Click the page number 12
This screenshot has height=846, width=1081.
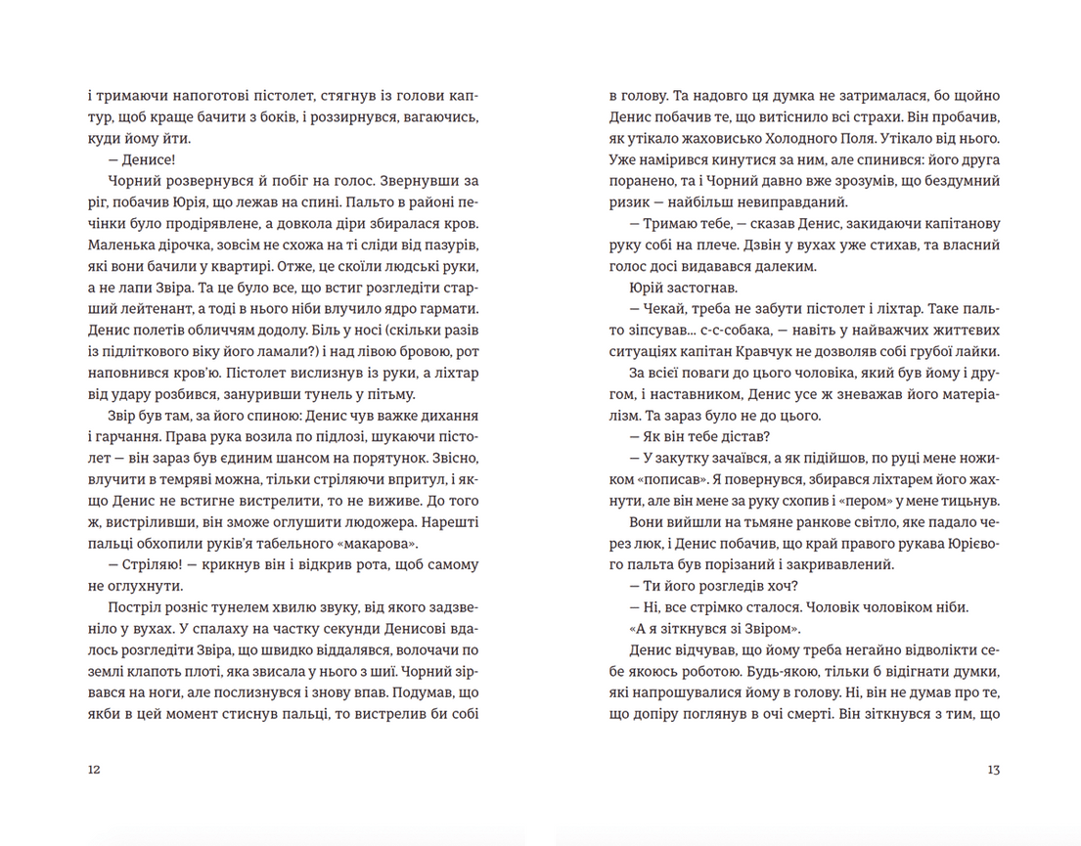click(x=94, y=770)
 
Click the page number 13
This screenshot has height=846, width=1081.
click(x=993, y=770)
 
